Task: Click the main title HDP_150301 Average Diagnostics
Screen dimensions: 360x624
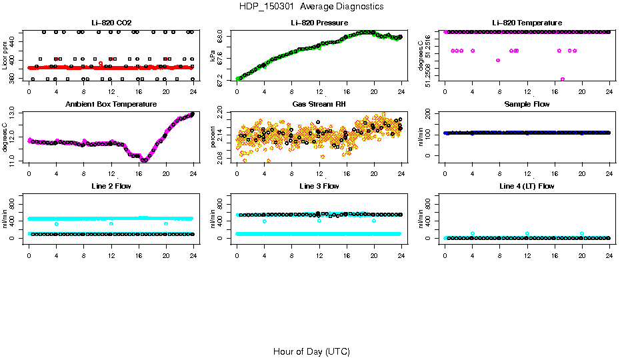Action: tap(311, 7)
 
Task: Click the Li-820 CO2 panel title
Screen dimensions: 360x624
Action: tap(111, 23)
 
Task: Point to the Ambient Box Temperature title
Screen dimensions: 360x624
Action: tap(111, 105)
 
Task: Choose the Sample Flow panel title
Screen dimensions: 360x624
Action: tap(527, 105)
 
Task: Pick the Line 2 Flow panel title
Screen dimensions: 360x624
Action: tap(111, 186)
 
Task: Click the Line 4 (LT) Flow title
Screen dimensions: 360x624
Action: tap(527, 186)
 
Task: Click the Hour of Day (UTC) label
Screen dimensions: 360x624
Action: tap(311, 351)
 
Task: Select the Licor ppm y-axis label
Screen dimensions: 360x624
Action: tap(5, 57)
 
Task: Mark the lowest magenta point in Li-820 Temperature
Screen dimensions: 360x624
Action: tap(563, 79)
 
